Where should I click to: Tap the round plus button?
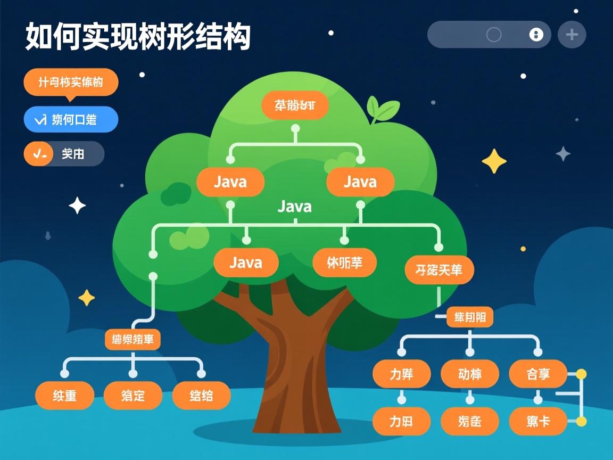pyautogui.click(x=571, y=35)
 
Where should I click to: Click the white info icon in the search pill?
pyautogui.click(x=536, y=35)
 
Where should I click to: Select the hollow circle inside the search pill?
pyautogui.click(x=494, y=35)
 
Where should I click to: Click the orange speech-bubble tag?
pyautogui.click(x=71, y=83)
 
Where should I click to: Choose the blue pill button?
pyautogui.click(x=71, y=119)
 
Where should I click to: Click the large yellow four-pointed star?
pyautogui.click(x=494, y=161)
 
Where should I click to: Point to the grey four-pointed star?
pyautogui.click(x=563, y=154)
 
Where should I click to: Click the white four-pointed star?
pyautogui.click(x=77, y=206)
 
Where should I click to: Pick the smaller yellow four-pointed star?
pyautogui.click(x=86, y=298)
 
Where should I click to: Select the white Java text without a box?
pyautogui.click(x=295, y=207)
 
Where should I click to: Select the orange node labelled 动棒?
pyautogui.click(x=469, y=374)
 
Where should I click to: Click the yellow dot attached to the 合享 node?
pyautogui.click(x=581, y=374)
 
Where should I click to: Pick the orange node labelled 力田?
pyautogui.click(x=401, y=422)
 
